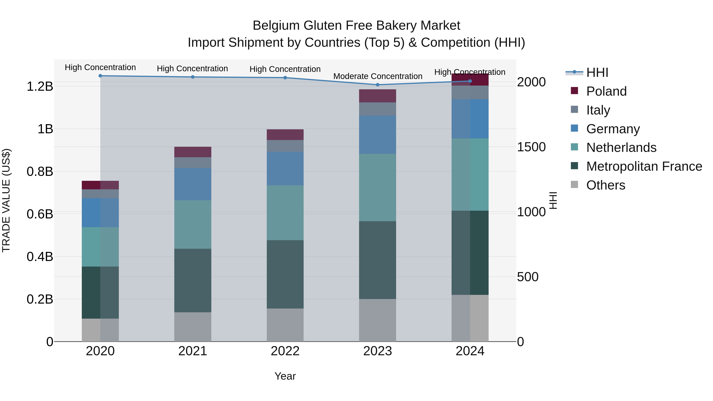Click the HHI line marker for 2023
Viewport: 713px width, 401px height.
[377, 85]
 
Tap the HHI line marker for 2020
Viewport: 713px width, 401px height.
[100, 76]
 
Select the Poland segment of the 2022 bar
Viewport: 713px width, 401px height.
[285, 134]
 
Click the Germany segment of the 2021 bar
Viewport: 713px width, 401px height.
[193, 184]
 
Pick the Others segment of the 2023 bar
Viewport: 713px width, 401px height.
[377, 320]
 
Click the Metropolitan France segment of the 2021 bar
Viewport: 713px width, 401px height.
[193, 280]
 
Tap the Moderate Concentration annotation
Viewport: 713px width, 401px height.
[377, 76]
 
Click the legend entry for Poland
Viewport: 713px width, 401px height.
[606, 91]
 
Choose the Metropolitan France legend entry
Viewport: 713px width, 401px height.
[644, 166]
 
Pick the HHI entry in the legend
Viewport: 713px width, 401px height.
[597, 72]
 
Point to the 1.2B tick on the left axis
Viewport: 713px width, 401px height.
[40, 86]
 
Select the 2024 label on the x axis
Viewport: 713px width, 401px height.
[470, 351]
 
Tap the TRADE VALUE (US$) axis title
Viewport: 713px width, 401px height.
[6, 200]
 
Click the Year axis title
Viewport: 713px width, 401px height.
[285, 376]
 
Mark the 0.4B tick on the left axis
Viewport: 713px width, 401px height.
[40, 256]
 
